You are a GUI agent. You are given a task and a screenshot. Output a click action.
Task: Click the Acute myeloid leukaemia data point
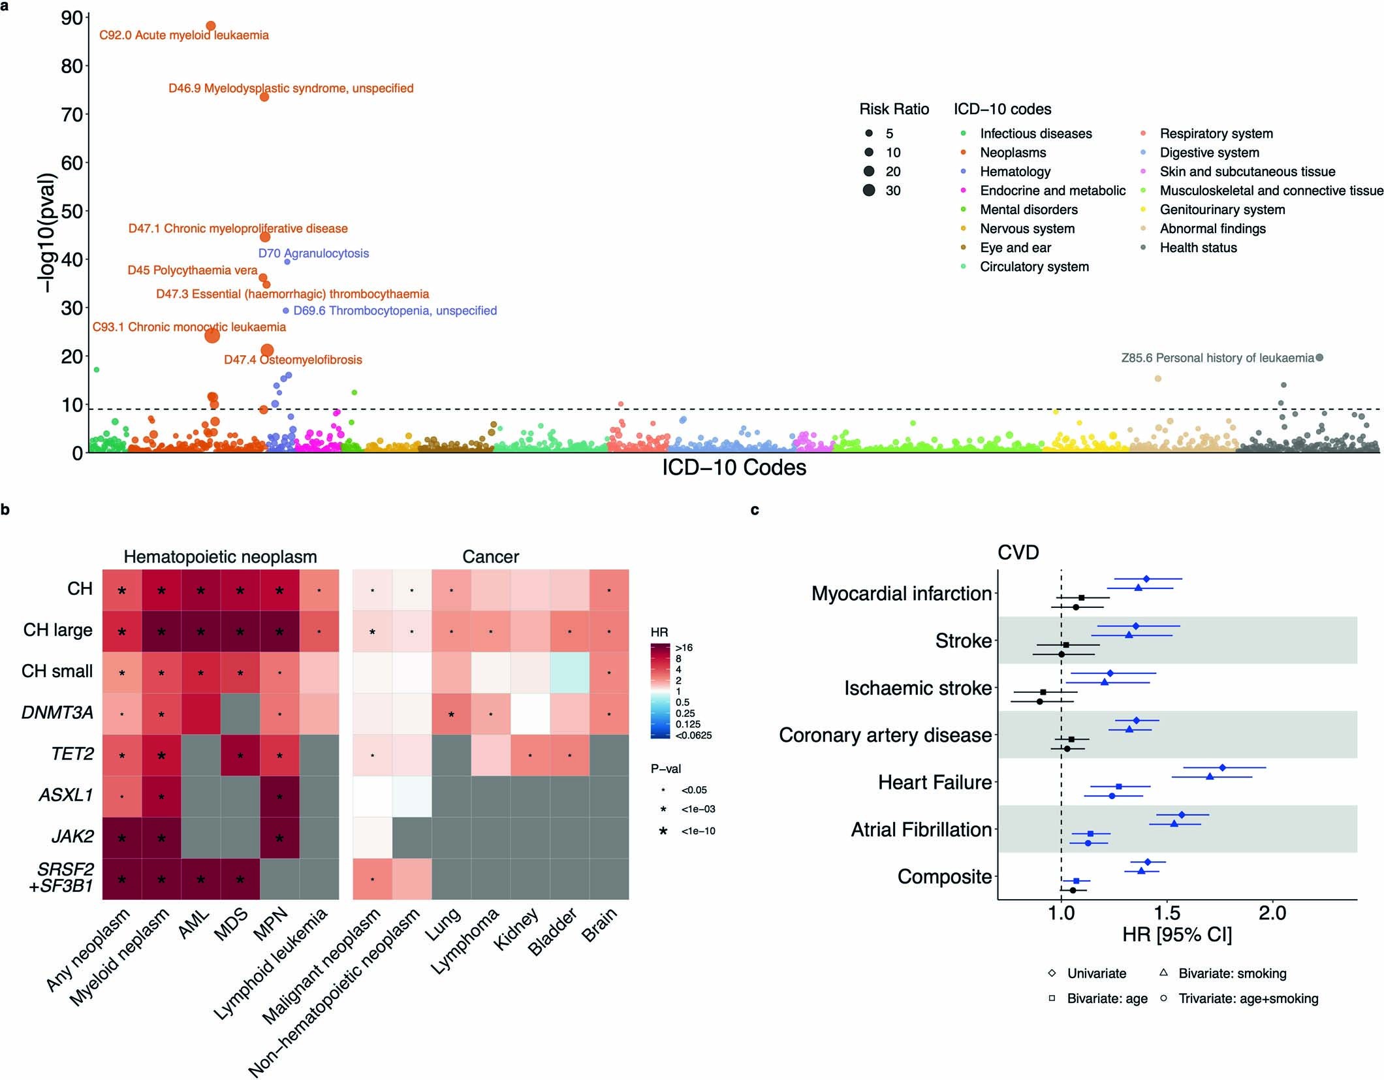coord(210,26)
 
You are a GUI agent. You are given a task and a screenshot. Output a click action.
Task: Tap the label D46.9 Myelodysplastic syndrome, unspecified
coord(291,88)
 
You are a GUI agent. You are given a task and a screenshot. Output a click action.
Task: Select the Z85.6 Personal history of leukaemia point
coord(1319,357)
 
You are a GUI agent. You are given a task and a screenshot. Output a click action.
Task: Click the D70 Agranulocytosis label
coord(313,253)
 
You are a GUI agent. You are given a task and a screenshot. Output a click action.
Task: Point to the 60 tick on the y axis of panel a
coord(72,163)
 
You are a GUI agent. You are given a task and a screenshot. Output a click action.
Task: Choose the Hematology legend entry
coord(1014,172)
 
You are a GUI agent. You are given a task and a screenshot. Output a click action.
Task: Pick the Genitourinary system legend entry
coord(1221,210)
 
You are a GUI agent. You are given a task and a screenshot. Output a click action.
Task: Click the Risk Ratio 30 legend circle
coord(869,191)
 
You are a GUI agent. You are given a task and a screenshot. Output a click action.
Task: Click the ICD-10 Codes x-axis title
coord(734,468)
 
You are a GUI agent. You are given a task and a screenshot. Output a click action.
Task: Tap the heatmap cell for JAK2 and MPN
coord(279,837)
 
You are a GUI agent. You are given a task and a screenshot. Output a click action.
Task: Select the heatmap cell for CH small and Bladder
coord(569,672)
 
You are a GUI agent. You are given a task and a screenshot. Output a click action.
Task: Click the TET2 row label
coord(72,754)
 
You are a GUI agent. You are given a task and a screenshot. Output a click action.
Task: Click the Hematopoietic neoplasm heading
coord(220,556)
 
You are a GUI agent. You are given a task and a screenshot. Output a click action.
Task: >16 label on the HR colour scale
coord(684,648)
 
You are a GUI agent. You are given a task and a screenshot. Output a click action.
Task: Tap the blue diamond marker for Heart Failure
coord(1222,767)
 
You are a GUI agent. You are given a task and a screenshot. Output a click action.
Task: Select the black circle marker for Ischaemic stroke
coord(1039,701)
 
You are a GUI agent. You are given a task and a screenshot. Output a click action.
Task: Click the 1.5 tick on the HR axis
coord(1167,913)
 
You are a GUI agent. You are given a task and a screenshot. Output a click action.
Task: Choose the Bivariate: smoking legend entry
coord(1231,974)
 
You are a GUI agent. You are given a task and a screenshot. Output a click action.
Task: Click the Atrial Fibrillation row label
coord(921,829)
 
